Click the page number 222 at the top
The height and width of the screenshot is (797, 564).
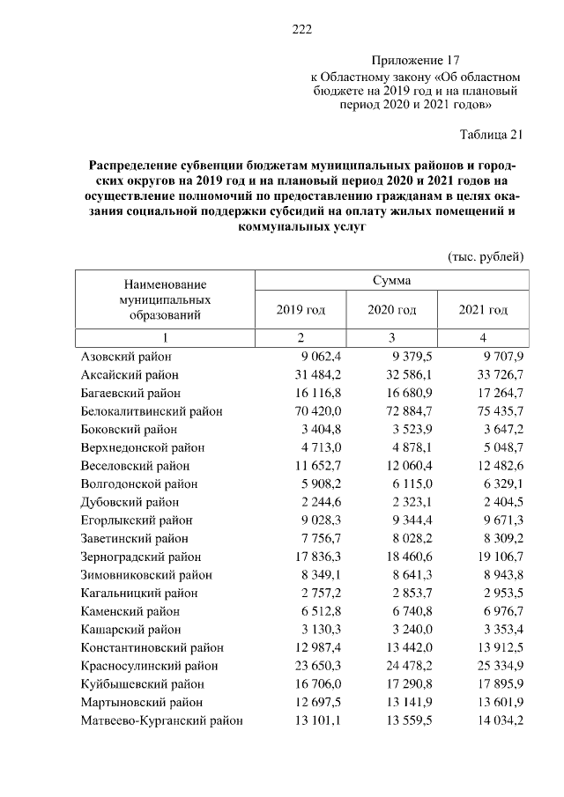tap(302, 29)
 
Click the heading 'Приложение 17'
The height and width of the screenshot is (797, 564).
tap(416, 61)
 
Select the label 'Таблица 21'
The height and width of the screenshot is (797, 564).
tap(493, 135)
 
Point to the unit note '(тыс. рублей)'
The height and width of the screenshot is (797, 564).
tap(486, 256)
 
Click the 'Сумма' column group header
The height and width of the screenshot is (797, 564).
tap(391, 280)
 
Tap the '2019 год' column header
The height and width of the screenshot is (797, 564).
tap(301, 310)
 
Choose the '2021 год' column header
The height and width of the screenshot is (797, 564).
tap(483, 310)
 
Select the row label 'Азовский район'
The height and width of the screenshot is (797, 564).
tap(126, 356)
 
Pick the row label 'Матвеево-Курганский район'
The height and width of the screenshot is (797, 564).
tap(161, 721)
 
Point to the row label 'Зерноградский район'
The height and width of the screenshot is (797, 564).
tap(141, 557)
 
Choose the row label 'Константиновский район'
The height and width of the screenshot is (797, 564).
tap(152, 647)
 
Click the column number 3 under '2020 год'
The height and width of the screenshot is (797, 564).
tap(392, 337)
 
